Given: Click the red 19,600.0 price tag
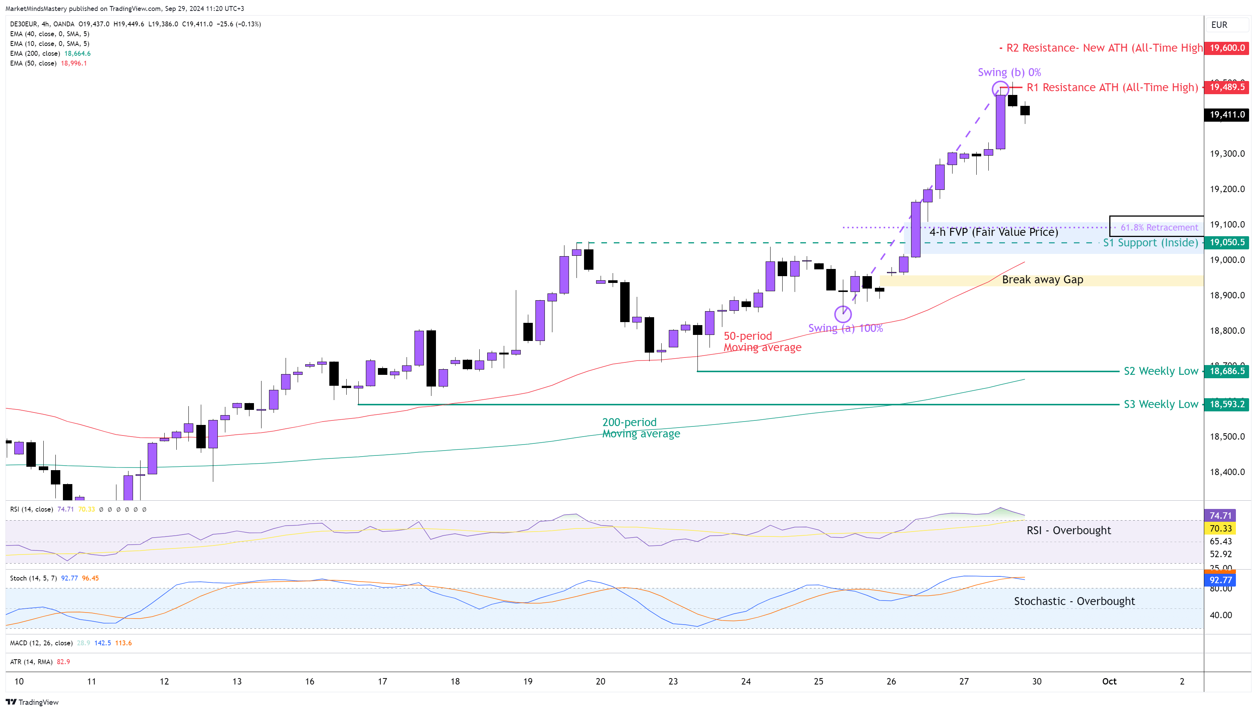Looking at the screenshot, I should tap(1227, 48).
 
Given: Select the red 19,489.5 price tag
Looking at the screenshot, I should tap(1227, 87).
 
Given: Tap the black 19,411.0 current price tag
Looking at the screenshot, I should tap(1227, 115).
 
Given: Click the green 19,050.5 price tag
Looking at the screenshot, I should tap(1227, 243).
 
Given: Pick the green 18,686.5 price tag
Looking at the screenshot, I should tap(1227, 371).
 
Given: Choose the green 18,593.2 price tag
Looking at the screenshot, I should tap(1227, 405).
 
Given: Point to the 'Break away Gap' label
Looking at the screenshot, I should tap(1042, 280).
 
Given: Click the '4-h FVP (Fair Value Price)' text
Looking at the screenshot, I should tap(993, 232).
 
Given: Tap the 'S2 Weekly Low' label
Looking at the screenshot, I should tap(1161, 371).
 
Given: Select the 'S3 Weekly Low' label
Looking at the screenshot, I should tap(1161, 405).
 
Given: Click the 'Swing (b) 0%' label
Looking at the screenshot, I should tap(1009, 72).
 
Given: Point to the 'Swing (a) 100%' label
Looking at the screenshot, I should tap(845, 328).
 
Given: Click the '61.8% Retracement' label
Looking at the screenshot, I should tap(1159, 228).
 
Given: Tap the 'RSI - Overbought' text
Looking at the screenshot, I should tap(1068, 530).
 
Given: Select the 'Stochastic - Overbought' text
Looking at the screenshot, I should tap(1074, 602).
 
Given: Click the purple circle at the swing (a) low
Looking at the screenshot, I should tap(843, 314).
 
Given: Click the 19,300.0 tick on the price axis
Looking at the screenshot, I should tap(1227, 154).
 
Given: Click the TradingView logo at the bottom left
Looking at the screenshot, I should tap(32, 702).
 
